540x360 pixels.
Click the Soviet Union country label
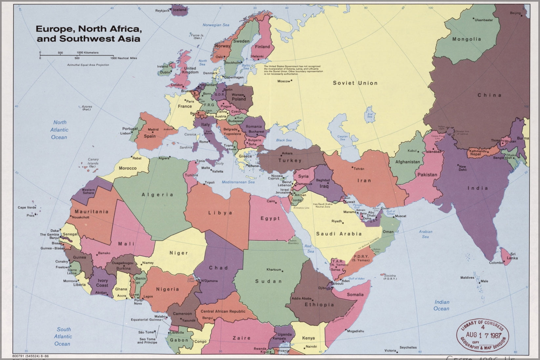(355, 83)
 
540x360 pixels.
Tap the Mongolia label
(467, 39)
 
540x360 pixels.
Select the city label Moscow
(284, 81)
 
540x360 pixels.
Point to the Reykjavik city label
(162, 10)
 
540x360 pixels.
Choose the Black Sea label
(284, 140)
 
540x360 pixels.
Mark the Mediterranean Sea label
(238, 182)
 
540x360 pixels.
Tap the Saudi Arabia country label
(339, 234)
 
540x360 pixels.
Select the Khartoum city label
(274, 270)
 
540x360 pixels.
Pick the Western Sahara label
(88, 191)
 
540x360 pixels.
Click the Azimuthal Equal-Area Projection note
(88, 65)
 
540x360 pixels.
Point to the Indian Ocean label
(442, 305)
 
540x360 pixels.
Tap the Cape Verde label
(27, 207)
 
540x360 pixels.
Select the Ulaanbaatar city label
(484, 20)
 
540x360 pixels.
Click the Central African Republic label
(223, 311)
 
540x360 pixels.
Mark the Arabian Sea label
(426, 234)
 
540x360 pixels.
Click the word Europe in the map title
(53, 29)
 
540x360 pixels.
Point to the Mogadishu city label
(355, 331)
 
